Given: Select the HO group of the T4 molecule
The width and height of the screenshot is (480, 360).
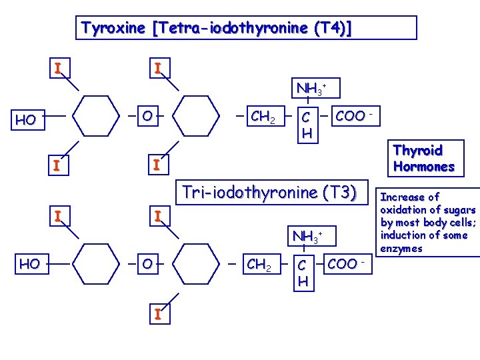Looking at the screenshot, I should pos(26,121).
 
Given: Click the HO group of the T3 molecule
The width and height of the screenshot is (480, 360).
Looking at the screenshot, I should pos(29,264).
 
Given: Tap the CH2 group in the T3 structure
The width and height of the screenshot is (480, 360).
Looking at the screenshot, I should pos(259,265).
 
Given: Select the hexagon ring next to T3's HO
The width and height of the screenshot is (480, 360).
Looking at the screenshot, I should pos(97,265).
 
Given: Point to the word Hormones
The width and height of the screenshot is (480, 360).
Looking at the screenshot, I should pos(423,167).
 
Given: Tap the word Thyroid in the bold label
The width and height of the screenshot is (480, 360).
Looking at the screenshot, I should pos(418,151).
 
